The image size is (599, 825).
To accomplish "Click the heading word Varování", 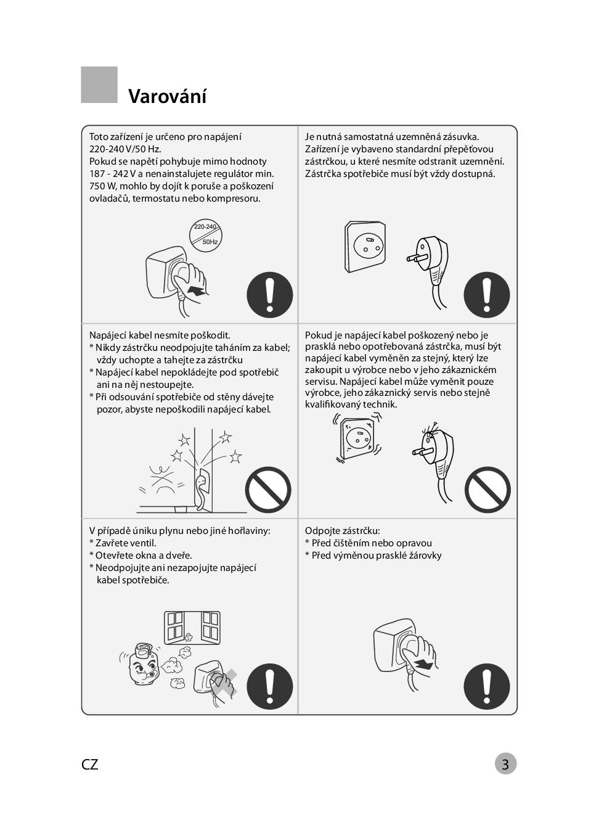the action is tap(167, 96).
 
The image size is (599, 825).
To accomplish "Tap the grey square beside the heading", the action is tap(99, 84).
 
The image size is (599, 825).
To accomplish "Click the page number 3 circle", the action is tap(505, 764).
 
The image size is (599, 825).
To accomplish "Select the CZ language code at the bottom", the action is tap(90, 765).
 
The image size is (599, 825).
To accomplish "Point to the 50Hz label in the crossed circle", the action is tap(210, 242).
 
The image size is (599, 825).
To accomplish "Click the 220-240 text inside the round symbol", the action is tap(205, 226).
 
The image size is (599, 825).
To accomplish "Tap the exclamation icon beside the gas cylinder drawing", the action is tap(270, 686).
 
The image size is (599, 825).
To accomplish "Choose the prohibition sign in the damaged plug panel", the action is tap(487, 490).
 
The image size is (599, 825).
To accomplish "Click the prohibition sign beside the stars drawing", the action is tap(269, 490).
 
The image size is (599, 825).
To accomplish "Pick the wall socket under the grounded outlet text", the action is tap(365, 247).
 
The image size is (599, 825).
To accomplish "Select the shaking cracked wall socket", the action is tap(357, 438).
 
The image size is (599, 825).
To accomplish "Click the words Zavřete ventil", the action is tap(126, 543).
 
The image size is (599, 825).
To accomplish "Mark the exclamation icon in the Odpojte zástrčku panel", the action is tap(487, 686).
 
